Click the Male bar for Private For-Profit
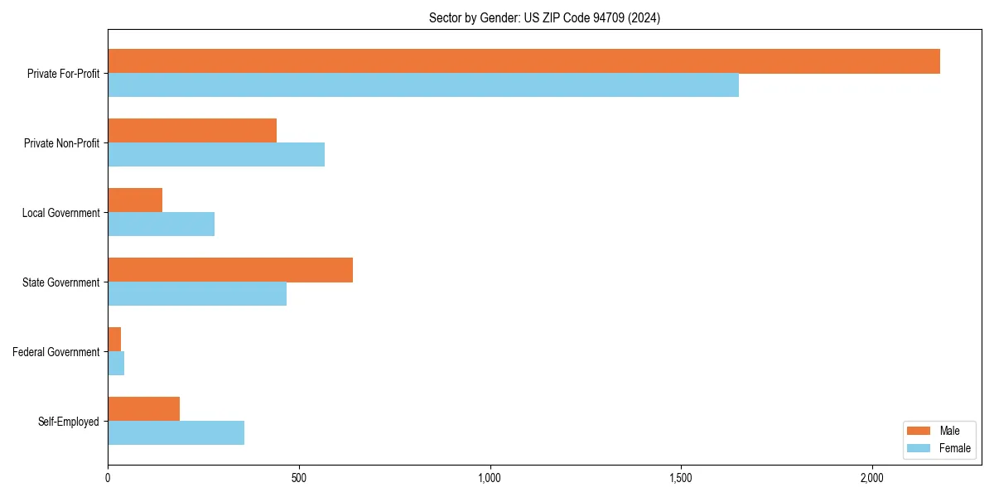[524, 61]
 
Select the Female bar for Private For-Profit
[423, 85]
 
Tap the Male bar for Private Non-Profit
[192, 131]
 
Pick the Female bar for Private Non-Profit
[216, 155]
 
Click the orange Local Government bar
[135, 200]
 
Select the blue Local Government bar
[162, 224]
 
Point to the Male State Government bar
[230, 270]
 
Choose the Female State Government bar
[197, 294]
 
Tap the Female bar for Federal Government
[116, 364]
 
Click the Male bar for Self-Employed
[144, 409]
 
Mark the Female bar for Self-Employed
[176, 433]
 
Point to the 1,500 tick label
[681, 479]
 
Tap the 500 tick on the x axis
[299, 479]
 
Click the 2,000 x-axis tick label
[871, 479]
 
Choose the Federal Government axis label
[56, 352]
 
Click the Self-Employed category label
[69, 422]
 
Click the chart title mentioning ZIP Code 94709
[544, 17]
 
